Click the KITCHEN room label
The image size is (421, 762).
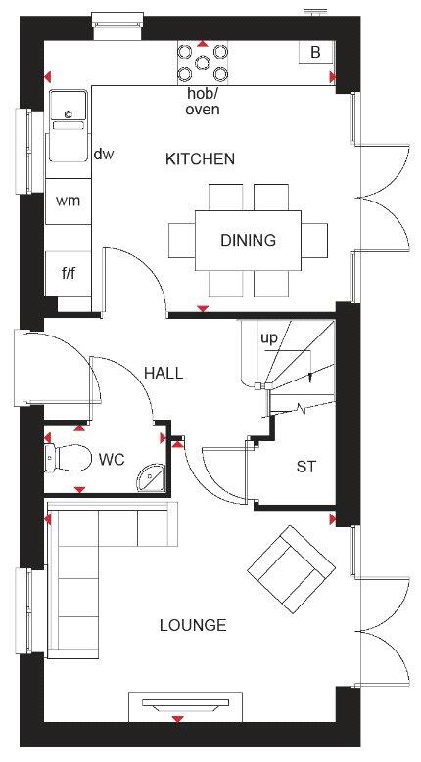point(200,158)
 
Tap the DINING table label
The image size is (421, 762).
point(248,240)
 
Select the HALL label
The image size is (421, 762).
point(164,374)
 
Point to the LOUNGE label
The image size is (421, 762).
point(193,625)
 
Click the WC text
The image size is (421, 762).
point(112,459)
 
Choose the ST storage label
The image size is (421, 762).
point(305,467)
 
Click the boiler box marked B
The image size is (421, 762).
point(315,52)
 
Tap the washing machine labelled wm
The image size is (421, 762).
point(69,202)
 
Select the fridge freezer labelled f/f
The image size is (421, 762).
point(69,274)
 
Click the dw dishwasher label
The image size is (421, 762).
point(104,155)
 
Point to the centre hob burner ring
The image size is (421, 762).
point(203,63)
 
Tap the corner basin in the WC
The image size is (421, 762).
point(152,477)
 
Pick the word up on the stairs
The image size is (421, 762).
point(268,338)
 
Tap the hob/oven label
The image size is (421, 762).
point(203,103)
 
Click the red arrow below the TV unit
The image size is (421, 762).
point(178,719)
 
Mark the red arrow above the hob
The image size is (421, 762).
point(203,44)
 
